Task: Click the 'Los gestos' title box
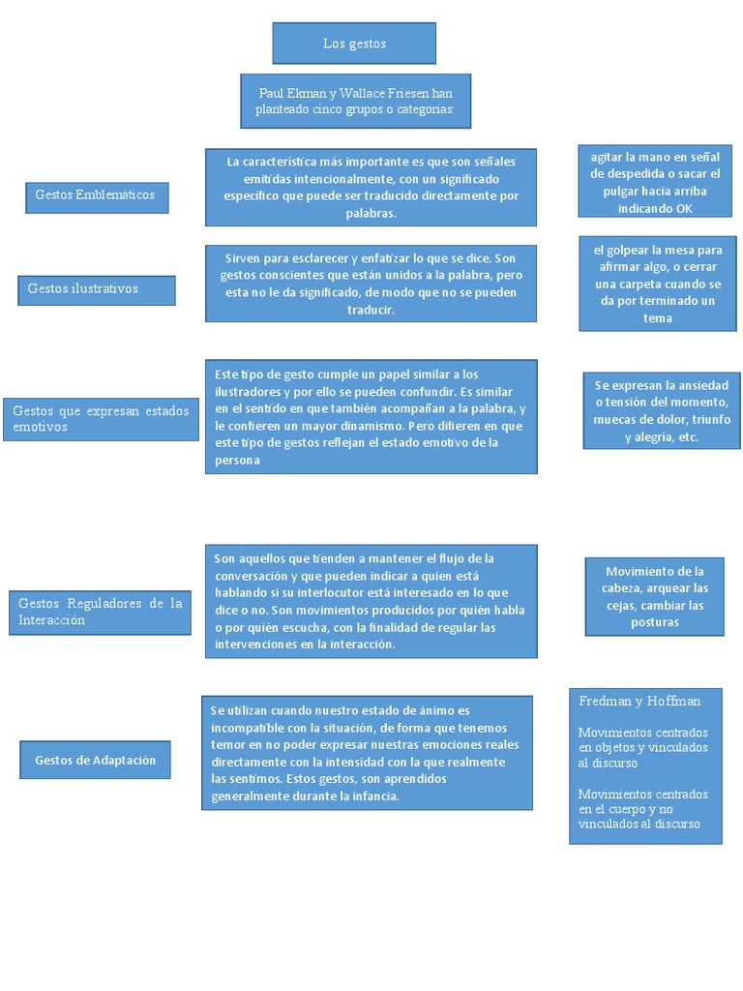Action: click(x=354, y=44)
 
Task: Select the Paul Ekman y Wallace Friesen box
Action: click(x=355, y=101)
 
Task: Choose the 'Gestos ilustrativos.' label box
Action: click(x=97, y=289)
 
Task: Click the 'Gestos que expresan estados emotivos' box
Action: click(x=101, y=419)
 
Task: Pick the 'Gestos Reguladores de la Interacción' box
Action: click(x=100, y=612)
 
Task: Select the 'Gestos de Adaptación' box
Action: click(x=95, y=760)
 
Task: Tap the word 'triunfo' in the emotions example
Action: click(x=710, y=419)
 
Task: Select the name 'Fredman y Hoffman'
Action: click(x=639, y=701)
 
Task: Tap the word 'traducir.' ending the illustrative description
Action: click(x=371, y=310)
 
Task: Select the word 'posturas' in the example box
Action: click(x=655, y=622)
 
